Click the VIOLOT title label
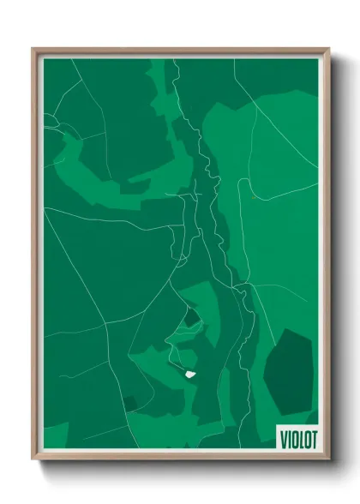[296, 437]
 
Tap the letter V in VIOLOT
[283, 437]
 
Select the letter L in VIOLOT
[299, 437]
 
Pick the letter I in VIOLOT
[288, 437]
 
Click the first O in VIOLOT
[293, 437]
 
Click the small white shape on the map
[189, 373]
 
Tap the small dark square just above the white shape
[190, 318]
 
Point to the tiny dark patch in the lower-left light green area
[129, 402]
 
